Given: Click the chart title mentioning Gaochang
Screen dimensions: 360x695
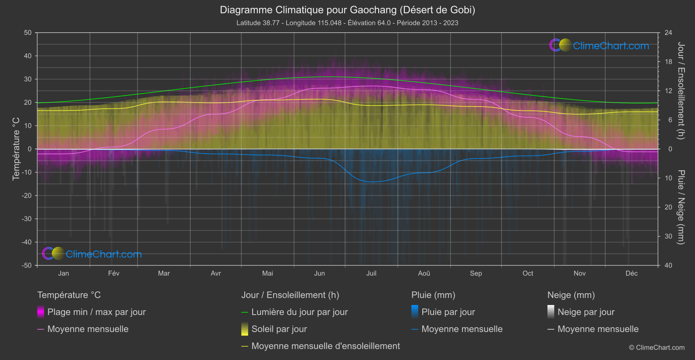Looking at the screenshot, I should coord(347,10).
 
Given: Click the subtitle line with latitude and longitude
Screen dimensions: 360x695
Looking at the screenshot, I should coord(347,23).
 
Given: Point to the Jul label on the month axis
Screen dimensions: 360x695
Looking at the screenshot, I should coord(371,273).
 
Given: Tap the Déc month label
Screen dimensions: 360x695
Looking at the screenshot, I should coord(631,273).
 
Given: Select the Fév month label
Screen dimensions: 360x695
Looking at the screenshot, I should coord(113,273).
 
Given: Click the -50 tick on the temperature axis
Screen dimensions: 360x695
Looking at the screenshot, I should coord(27,265).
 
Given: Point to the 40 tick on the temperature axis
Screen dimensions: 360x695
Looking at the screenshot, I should coord(28,56).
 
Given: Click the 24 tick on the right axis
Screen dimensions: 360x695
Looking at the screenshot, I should coord(668,33).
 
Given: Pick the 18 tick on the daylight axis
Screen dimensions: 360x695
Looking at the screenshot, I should coord(668,62).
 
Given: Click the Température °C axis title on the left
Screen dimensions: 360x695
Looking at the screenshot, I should coord(16,148).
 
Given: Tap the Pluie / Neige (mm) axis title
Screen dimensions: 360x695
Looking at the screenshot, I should coord(681,207).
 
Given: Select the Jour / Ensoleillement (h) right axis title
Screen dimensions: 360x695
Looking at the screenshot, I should coord(681,91).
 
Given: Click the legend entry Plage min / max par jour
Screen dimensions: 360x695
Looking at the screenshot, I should coord(96,312).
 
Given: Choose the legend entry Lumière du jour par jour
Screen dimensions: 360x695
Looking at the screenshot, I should coord(299,312).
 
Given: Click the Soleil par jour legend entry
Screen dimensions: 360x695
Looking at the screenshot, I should coord(279,329).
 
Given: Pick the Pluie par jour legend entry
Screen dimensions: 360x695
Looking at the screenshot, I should coord(448,312).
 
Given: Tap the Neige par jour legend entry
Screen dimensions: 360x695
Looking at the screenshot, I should coord(585,312).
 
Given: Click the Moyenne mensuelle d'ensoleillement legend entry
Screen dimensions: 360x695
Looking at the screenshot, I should coord(325,346).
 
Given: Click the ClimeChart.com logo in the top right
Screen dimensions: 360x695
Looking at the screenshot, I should coord(599,45).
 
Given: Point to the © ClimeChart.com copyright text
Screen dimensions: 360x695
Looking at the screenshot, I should coord(657,347).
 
